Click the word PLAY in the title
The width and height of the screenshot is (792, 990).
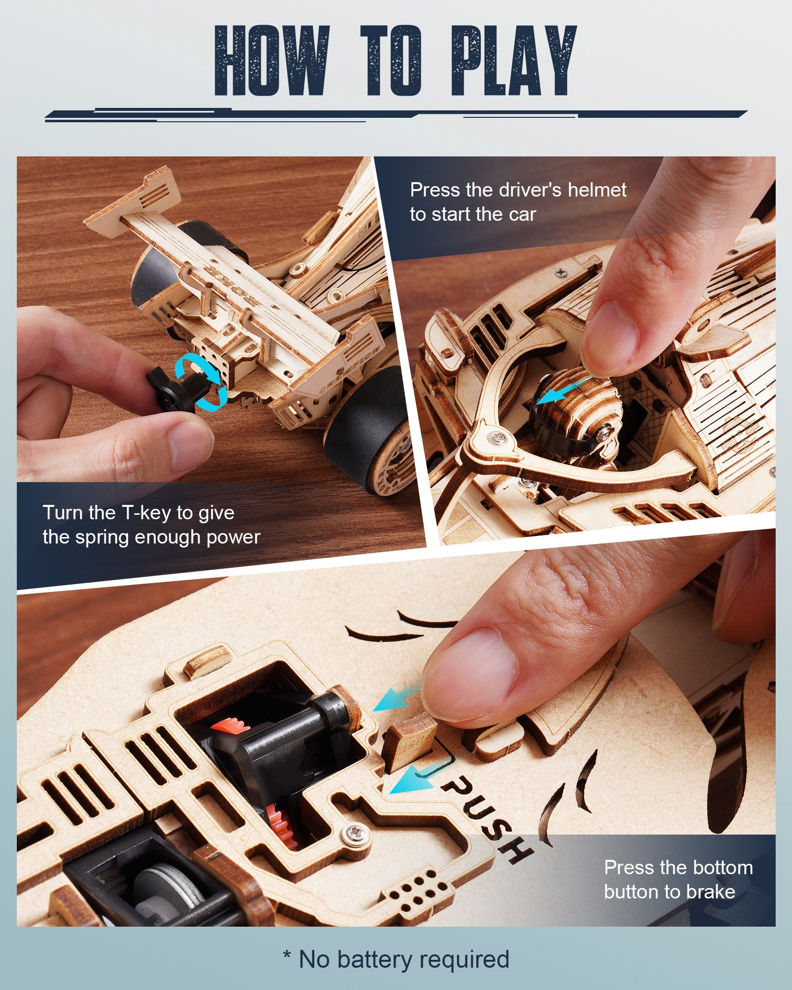514,60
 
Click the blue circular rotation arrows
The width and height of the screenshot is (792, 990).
200,381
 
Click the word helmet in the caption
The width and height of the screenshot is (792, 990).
596,190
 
